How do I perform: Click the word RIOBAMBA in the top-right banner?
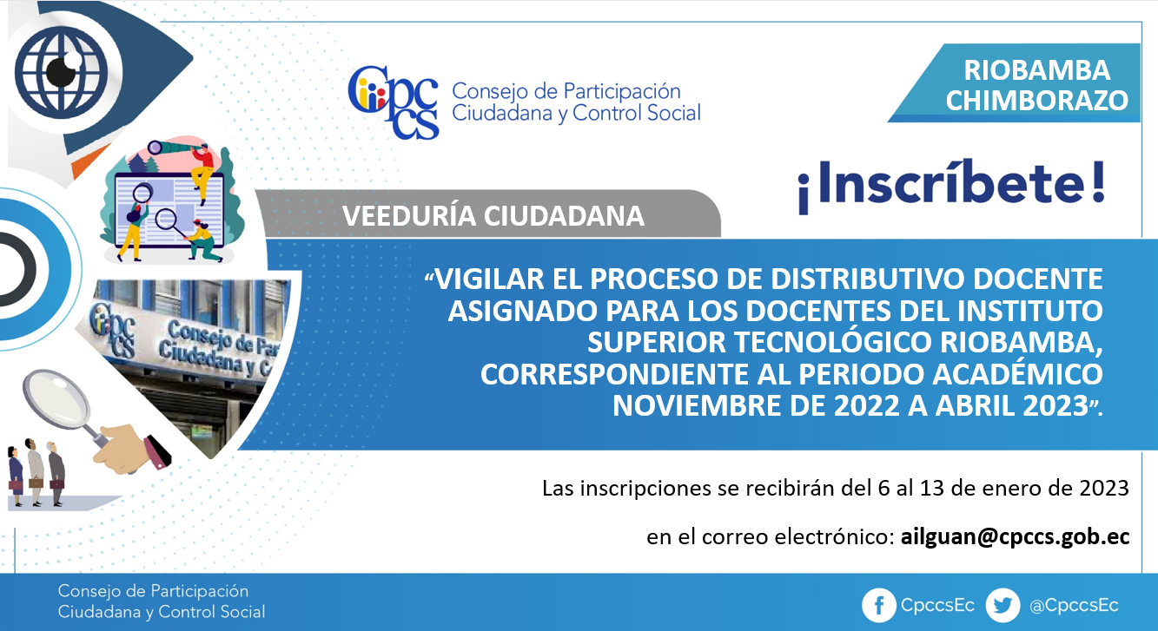coord(1036,70)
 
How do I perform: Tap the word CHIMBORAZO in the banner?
coord(1036,100)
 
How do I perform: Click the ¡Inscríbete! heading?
coord(952,185)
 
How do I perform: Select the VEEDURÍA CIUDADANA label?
coord(493,216)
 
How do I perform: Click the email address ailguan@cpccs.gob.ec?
coord(1015,537)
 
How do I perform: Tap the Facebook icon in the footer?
coord(878,605)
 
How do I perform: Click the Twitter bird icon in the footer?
coord(1002,605)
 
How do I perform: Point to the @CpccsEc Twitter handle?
coord(1074,605)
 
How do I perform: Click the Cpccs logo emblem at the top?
coord(394,102)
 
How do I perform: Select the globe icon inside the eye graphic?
coord(61,72)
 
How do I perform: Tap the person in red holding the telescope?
coord(202,173)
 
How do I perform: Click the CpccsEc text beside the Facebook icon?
coord(937,605)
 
